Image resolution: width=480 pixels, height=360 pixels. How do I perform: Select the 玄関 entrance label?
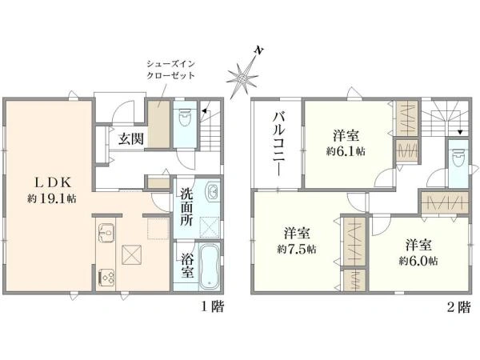pyautogui.click(x=131, y=138)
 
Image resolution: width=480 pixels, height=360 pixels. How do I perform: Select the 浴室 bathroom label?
pyautogui.click(x=186, y=266)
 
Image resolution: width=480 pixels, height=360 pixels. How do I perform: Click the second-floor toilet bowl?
pyautogui.click(x=457, y=158)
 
